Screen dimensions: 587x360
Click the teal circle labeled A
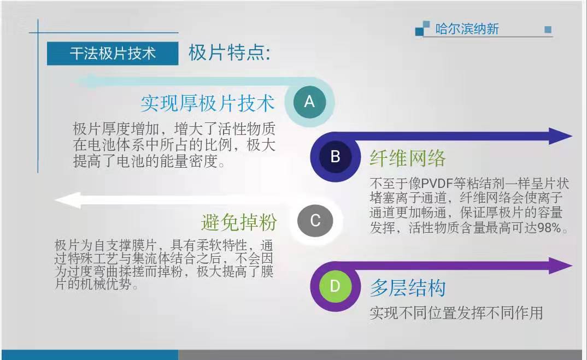(309, 102)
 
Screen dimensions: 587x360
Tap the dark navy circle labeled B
(335, 156)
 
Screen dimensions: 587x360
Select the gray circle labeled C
(315, 220)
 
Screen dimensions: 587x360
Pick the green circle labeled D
(335, 286)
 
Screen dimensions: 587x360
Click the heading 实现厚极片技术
(208, 103)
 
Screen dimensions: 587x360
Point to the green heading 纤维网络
(408, 158)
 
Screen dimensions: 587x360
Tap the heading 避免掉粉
(239, 222)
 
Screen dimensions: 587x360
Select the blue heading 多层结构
(408, 288)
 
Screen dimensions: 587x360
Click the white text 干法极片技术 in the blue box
(113, 54)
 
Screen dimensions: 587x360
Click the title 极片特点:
(229, 52)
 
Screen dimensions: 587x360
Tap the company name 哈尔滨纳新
(467, 29)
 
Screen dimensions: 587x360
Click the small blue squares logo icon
(422, 28)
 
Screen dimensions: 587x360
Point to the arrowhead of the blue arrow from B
(560, 136)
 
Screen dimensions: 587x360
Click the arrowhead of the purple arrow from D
(560, 265)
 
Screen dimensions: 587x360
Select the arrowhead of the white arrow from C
(68, 200)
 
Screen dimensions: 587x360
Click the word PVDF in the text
(437, 184)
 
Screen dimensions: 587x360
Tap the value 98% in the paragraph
(549, 228)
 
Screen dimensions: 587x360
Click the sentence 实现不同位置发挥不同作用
(456, 313)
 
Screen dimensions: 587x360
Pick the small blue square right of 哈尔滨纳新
(548, 29)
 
